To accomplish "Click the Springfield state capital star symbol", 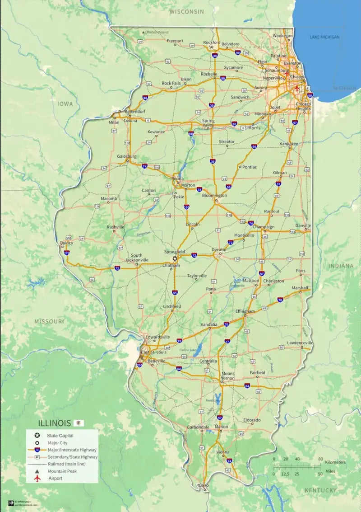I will (175, 258).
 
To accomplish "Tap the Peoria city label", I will (177, 178).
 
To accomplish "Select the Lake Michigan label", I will (324, 37).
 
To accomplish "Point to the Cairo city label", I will (204, 485).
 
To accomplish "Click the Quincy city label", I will (66, 243).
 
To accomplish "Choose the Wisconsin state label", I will (186, 12).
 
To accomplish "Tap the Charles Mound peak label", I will (157, 33).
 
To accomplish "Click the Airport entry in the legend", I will (55, 478).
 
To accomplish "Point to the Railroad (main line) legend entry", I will (66, 464).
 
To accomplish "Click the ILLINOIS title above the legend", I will (55, 423).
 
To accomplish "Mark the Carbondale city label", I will (198, 427).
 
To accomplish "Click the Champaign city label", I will (264, 227).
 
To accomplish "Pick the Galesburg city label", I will (127, 156).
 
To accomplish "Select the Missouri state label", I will (49, 321).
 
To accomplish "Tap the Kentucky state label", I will (320, 490).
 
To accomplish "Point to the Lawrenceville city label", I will (300, 343).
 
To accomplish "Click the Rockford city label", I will (212, 42).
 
